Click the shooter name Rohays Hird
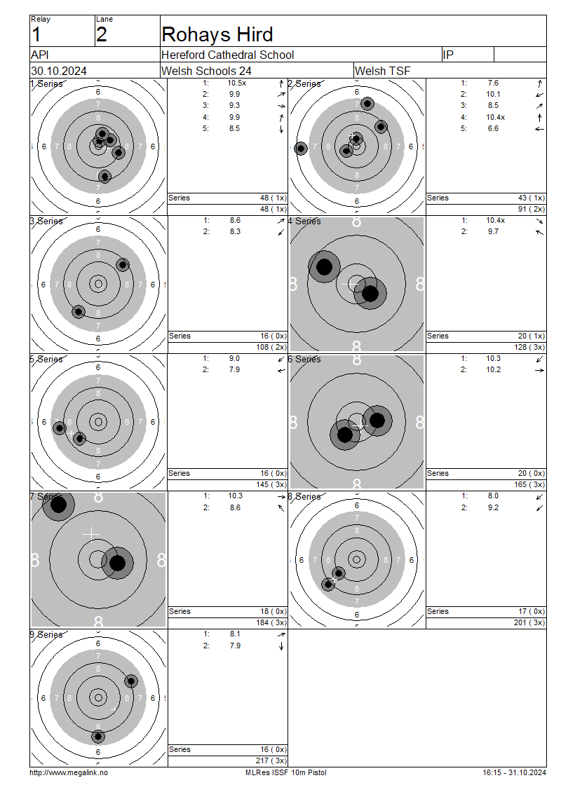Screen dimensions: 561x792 [217, 35]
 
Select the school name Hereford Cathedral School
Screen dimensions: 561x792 [227, 55]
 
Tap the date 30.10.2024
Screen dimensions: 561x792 [59, 71]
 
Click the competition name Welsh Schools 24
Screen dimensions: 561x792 [206, 71]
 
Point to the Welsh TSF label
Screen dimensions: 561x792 [383, 71]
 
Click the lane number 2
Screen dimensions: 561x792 [102, 35]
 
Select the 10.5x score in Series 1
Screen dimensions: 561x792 [236, 83]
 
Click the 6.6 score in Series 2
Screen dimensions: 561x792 [493, 128]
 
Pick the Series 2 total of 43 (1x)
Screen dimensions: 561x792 [531, 198]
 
